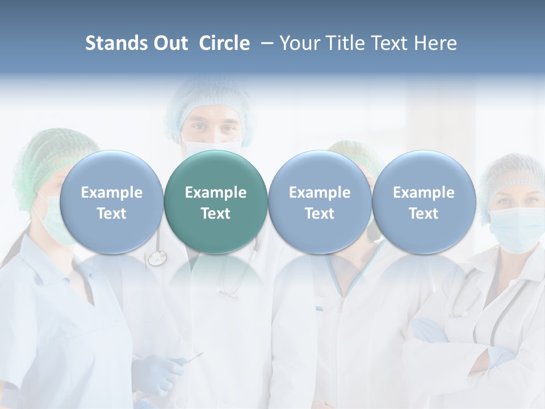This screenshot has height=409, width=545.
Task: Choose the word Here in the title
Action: (435, 43)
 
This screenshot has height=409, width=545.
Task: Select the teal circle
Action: (216, 202)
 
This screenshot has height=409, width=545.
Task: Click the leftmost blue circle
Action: (111, 202)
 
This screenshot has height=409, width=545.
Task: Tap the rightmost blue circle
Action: (424, 202)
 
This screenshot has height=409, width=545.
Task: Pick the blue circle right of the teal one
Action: (320, 202)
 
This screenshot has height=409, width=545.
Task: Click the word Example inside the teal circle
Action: (216, 193)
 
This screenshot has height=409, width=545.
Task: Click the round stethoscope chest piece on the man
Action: (156, 258)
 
